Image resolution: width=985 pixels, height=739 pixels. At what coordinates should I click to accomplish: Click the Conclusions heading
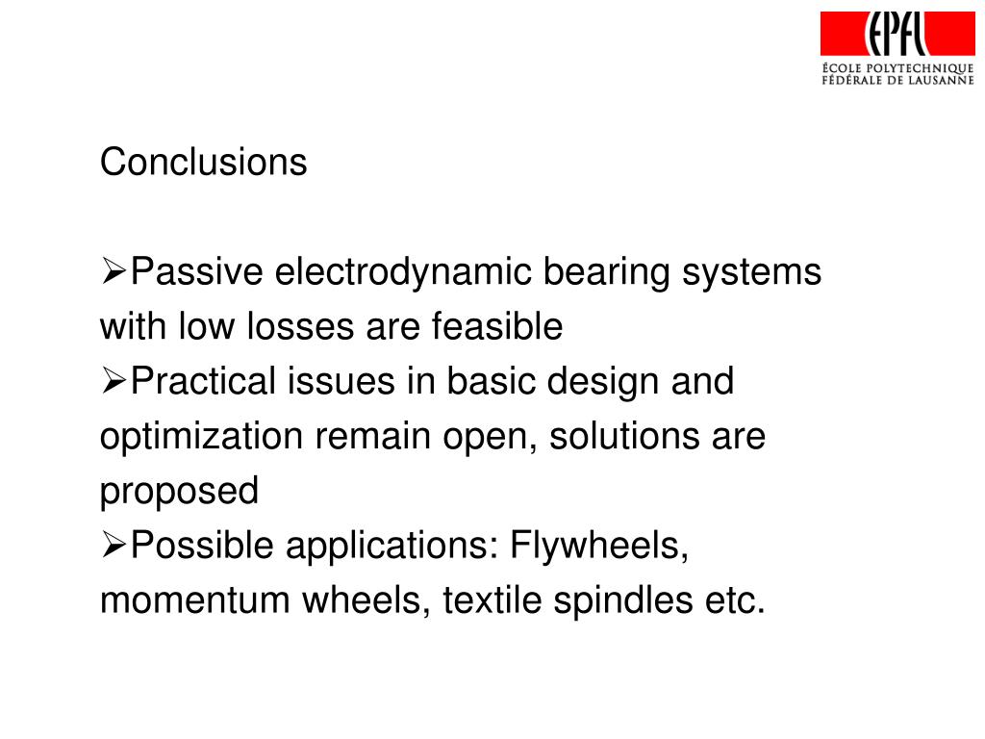tap(204, 163)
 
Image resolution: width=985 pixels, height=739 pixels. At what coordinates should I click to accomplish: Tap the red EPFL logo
tap(897, 34)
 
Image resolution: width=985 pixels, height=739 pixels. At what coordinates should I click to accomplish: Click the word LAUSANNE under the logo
tap(941, 80)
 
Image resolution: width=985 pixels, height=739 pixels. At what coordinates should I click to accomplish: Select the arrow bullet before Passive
tap(114, 273)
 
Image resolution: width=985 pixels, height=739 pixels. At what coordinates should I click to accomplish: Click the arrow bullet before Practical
tap(114, 382)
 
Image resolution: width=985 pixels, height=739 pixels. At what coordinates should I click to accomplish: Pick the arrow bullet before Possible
tap(114, 547)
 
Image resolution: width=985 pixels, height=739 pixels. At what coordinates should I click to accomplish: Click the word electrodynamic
tap(405, 274)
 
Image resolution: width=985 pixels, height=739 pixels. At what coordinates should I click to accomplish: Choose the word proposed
tap(180, 493)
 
